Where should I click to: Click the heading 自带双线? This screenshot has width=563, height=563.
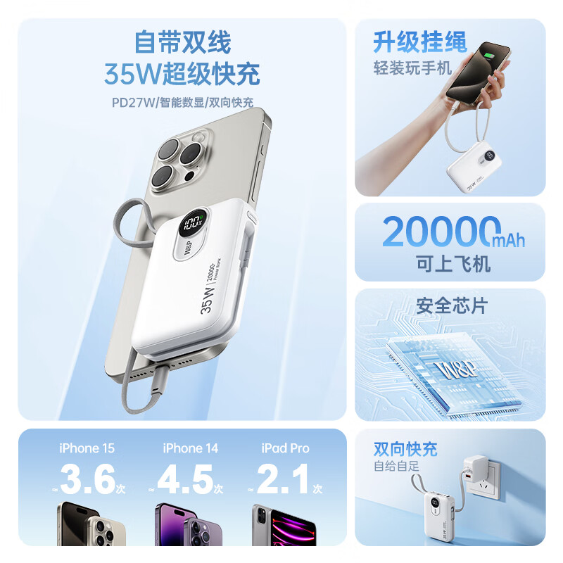click(182, 44)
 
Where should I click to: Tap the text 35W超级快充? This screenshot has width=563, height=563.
click(182, 73)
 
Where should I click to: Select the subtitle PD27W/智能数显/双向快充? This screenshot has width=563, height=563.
click(182, 101)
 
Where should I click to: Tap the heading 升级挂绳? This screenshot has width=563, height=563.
click(420, 43)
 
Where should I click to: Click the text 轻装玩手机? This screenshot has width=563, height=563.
click(411, 68)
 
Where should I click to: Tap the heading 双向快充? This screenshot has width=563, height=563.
click(405, 449)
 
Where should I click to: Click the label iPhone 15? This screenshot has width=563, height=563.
click(87, 448)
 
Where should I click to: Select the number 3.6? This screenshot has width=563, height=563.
click(88, 481)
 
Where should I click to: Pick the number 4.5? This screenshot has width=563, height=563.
click(186, 481)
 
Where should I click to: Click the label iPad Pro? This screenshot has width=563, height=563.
click(285, 448)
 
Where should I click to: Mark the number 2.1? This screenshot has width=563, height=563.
click(284, 481)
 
